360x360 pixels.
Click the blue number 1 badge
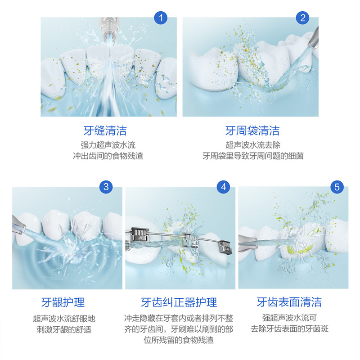[161, 18]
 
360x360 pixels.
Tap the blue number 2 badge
[302, 18]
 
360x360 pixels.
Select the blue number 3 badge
[106, 187]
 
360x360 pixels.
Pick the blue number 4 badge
[223, 187]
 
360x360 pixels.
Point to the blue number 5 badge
[337, 187]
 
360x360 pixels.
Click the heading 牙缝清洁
[105, 130]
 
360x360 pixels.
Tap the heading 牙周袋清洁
[252, 130]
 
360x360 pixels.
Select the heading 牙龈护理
[63, 302]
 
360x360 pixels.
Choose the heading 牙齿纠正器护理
[179, 302]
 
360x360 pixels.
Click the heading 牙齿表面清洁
[289, 301]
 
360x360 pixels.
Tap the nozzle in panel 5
[248, 243]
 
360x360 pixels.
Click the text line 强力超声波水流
[108, 145]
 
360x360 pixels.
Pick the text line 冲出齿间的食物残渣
[108, 156]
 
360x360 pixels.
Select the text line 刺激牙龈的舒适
[64, 329]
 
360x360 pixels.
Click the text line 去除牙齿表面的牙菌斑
[289, 329]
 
